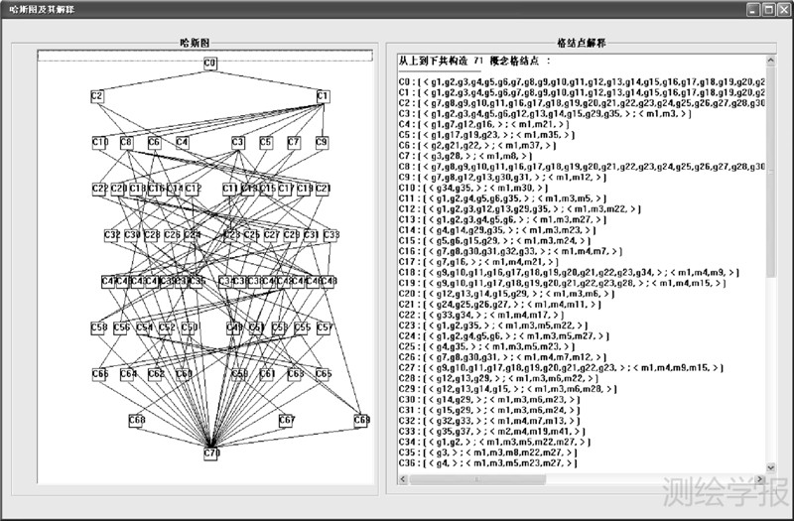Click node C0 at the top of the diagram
coord(210,64)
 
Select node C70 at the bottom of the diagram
coord(211,454)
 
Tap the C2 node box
coord(97,96)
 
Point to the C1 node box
coord(323,96)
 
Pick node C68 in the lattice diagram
coord(137,420)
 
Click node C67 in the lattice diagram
coord(287,420)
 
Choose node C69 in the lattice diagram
coord(361,420)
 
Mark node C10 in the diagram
coord(100,143)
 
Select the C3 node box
coord(238,143)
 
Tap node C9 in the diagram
coord(322,143)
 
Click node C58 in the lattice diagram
coord(99,327)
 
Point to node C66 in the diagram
coord(100,374)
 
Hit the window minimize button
coord(751,10)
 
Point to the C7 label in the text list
coord(404,156)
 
